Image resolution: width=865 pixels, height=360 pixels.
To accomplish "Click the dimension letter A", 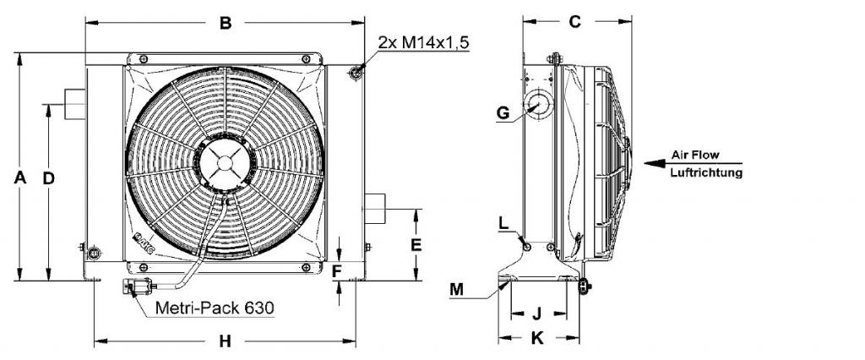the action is pos(20,177).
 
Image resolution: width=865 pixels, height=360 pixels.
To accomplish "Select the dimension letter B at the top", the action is pos(226,23).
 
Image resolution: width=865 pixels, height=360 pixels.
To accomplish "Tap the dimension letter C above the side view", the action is pos(574,22).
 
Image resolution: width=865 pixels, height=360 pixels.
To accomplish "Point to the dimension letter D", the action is pos(49,177).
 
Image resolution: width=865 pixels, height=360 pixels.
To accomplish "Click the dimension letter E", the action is pos(416,244).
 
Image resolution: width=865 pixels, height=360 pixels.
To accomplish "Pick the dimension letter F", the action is pos(338,270).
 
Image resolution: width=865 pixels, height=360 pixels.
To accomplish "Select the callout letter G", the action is pos(503,112).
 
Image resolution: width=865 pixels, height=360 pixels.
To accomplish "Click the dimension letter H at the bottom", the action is pos(225,341).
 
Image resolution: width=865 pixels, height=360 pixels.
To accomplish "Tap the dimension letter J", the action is pos(536,314).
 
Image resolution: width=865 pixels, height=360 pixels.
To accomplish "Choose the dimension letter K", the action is pos(536,338).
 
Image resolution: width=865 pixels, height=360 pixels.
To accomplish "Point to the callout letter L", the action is pos(503,223).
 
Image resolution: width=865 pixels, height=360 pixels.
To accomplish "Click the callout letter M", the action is pos(457,289).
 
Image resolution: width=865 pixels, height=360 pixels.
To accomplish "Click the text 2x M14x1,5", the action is pos(424,42).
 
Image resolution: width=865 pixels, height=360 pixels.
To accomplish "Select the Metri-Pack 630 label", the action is pos(215,308).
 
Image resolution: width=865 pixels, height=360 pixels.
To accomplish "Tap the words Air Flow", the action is pos(695,155).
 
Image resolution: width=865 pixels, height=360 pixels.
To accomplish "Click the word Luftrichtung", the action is pos(707,173).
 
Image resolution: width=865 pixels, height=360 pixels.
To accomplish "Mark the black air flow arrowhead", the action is pos(655,163).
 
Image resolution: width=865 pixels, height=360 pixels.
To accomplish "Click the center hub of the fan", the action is pos(225,163).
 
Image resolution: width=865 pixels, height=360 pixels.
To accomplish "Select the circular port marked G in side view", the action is pos(536,105).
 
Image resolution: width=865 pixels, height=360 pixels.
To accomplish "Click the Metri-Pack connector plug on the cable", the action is pos(137,287).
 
